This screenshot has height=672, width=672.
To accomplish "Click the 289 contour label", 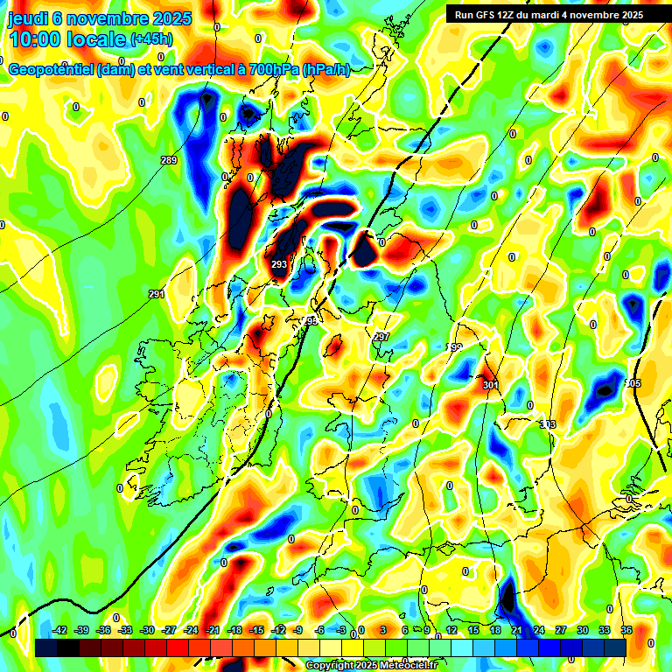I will [x=169, y=160].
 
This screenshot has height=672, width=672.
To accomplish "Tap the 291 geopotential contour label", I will [x=157, y=295].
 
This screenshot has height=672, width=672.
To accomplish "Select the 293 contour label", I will [x=279, y=264].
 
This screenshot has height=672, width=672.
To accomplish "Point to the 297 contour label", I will [x=381, y=337].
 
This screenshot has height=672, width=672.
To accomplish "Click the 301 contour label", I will [x=490, y=384].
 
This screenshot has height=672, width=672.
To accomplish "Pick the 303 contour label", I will [x=548, y=424].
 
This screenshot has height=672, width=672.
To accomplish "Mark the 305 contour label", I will [x=633, y=384].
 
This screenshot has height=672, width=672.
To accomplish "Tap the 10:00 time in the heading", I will [x=35, y=39].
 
